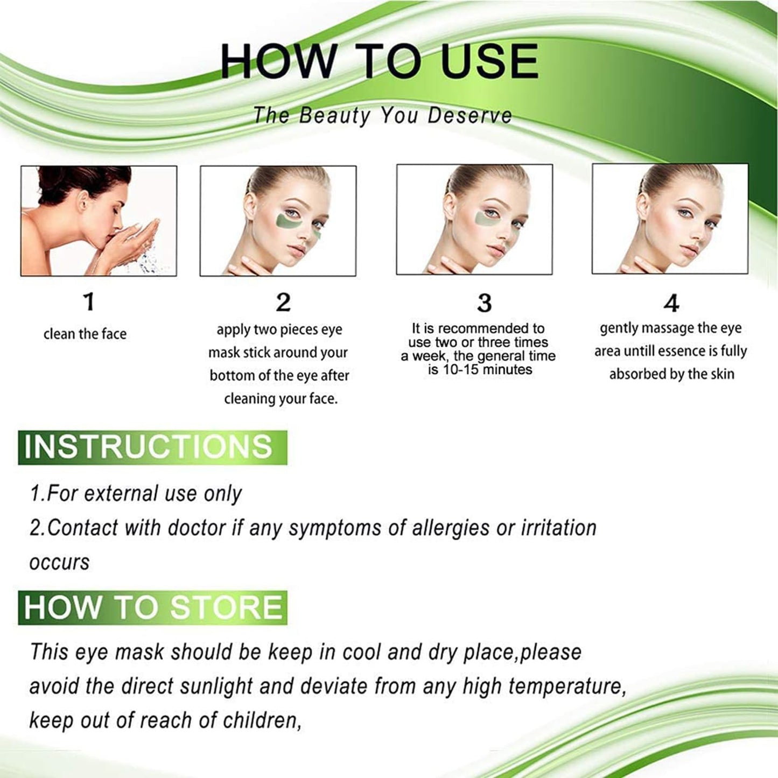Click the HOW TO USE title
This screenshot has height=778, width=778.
pyautogui.click(x=380, y=60)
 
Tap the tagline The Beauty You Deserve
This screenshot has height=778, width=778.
pyautogui.click(x=382, y=116)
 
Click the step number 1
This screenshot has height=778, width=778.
pyautogui.click(x=89, y=302)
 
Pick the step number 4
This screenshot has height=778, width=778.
pyautogui.click(x=671, y=304)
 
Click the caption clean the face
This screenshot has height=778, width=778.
pyautogui.click(x=85, y=334)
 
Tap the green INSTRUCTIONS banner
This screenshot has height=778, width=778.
pyautogui.click(x=152, y=447)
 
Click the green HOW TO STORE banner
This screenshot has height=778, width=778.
pyautogui.click(x=152, y=607)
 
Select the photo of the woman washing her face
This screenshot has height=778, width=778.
pyautogui.click(x=99, y=221)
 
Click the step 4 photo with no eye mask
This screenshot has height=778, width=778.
pyautogui.click(x=670, y=219)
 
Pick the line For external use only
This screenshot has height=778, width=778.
pyautogui.click(x=136, y=494)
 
